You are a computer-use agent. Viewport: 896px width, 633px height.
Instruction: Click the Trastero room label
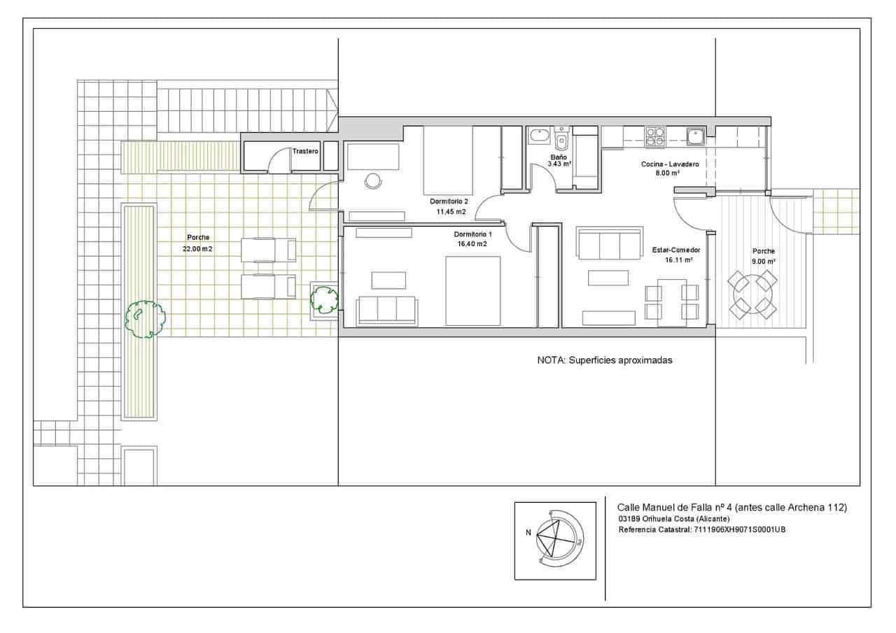(x=305, y=151)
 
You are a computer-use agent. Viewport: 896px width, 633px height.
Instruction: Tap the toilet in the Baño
(x=561, y=138)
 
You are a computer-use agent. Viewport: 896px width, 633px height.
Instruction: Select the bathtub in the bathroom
(x=540, y=136)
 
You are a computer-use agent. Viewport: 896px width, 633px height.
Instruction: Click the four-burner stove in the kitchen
(x=654, y=136)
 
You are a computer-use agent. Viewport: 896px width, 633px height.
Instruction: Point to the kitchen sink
(x=696, y=136)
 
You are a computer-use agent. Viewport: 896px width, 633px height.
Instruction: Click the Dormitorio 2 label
(x=449, y=201)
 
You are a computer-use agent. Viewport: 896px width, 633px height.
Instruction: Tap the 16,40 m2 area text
(x=472, y=244)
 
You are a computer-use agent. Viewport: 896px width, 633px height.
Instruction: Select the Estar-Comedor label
(x=676, y=250)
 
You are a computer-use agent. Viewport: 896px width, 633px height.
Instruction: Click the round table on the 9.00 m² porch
(x=752, y=294)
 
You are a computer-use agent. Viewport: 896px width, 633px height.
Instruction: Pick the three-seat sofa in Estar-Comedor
(x=609, y=243)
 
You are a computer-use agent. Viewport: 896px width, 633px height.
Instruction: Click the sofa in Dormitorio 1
(x=387, y=311)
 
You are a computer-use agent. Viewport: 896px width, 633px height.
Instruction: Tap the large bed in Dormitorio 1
(x=472, y=291)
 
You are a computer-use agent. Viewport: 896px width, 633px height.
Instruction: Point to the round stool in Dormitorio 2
(x=373, y=180)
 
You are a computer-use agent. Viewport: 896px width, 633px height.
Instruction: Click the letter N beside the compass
(x=528, y=533)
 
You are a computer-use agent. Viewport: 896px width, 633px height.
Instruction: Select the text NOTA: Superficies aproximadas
(x=604, y=360)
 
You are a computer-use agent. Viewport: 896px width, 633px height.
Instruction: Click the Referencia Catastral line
(x=702, y=529)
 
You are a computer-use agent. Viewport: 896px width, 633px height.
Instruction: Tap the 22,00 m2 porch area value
(x=197, y=249)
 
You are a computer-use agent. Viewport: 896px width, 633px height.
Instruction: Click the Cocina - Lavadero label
(x=670, y=164)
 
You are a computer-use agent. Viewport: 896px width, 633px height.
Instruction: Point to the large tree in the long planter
(x=145, y=319)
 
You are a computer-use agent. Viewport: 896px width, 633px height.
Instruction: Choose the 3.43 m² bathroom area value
(x=559, y=164)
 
